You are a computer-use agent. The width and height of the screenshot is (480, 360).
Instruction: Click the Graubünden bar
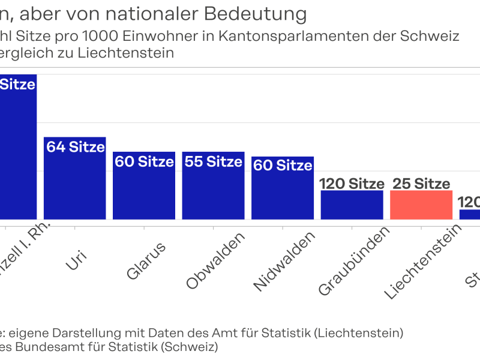[352, 205]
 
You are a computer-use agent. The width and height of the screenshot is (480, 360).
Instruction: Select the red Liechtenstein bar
[421, 205]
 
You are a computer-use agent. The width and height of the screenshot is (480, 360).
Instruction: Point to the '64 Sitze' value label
[75, 147]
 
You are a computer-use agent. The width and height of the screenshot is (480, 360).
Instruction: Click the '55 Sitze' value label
[214, 161]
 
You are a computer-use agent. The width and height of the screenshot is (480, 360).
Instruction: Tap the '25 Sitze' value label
[421, 184]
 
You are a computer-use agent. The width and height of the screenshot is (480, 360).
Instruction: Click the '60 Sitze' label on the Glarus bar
[144, 161]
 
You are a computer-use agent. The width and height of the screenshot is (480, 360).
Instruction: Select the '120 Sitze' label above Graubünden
[352, 184]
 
